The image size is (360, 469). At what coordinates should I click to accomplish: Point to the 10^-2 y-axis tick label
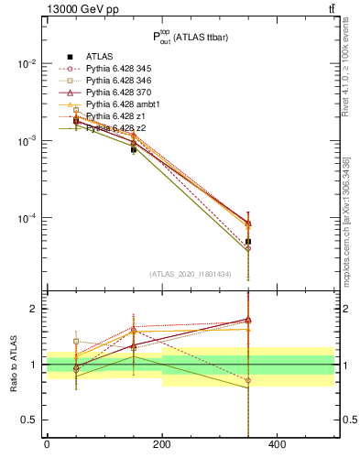coord(27,64)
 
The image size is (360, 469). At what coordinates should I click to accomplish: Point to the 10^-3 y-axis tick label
coord(27,141)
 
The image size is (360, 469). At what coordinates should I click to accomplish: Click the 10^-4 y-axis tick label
coord(27,218)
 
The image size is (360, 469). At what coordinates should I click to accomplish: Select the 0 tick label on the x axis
coord(47,445)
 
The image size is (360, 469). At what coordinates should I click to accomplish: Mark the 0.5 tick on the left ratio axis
coord(32,420)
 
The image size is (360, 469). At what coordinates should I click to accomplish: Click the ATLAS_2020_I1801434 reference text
coord(191,274)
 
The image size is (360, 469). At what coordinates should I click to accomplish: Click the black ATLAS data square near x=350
coord(248,242)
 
